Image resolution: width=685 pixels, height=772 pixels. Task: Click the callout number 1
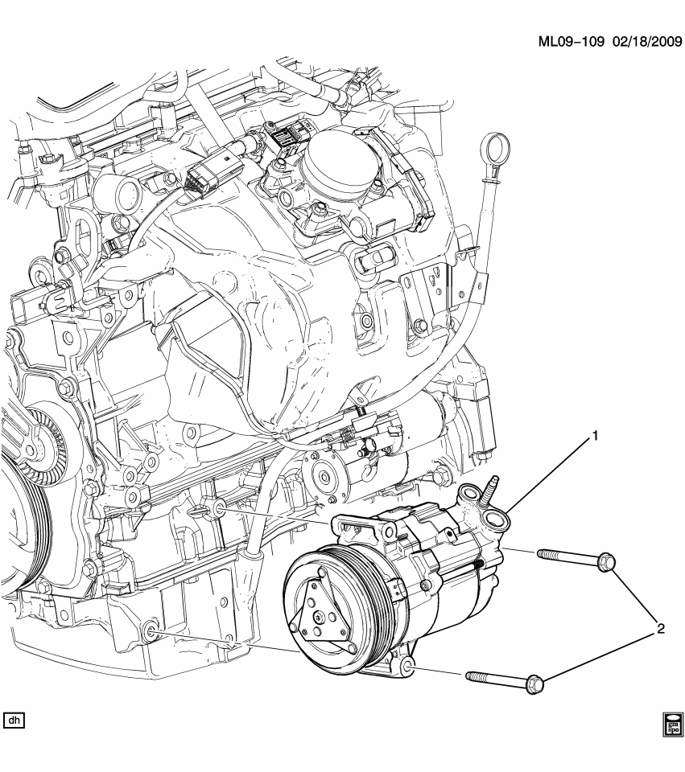[596, 436]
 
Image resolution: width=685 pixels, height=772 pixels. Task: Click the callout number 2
[659, 629]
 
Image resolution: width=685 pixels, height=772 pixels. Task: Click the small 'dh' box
[14, 720]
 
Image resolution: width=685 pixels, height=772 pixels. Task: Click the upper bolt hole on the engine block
[217, 508]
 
